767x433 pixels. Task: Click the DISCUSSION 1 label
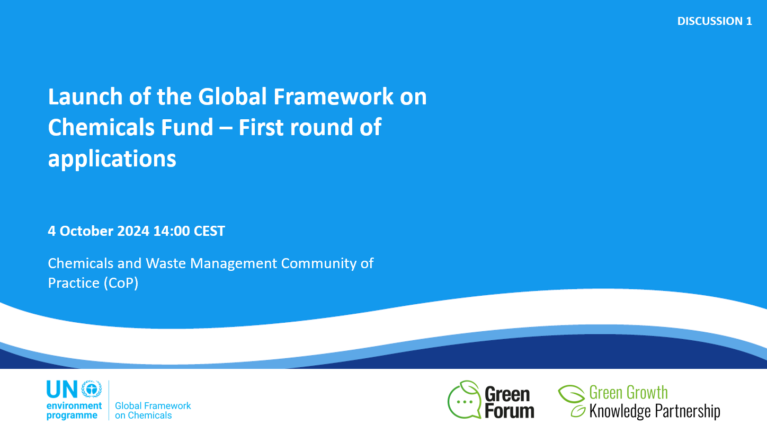click(714, 21)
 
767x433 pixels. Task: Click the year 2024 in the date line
click(133, 231)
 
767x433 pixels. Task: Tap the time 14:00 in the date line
click(172, 231)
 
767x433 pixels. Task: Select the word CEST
click(210, 231)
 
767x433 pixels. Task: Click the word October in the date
click(87, 231)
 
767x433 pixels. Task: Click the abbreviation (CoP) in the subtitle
click(121, 284)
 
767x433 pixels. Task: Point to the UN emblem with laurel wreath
click(92, 389)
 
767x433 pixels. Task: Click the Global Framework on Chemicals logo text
click(153, 410)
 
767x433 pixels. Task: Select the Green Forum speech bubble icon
click(465, 400)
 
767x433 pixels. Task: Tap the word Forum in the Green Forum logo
click(510, 411)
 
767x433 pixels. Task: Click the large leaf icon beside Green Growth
click(571, 394)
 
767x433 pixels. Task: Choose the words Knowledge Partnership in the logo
click(655, 411)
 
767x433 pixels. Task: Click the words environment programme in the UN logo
click(74, 411)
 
